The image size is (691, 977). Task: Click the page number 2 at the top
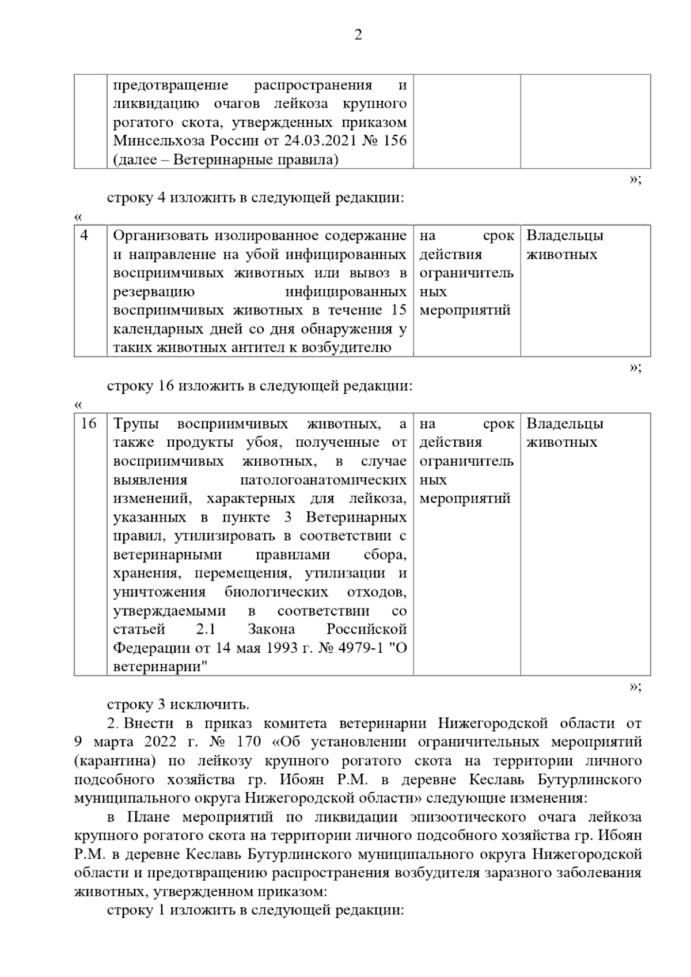tap(358, 36)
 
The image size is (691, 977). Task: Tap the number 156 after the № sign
tap(394, 141)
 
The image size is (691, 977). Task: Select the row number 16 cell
tap(89, 424)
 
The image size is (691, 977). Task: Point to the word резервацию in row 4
tap(153, 292)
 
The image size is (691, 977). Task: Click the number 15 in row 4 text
tap(398, 310)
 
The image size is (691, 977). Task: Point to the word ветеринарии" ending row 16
tap(161, 667)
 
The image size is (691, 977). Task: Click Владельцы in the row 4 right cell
tap(565, 236)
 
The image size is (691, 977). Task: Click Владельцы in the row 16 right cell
tap(565, 424)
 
